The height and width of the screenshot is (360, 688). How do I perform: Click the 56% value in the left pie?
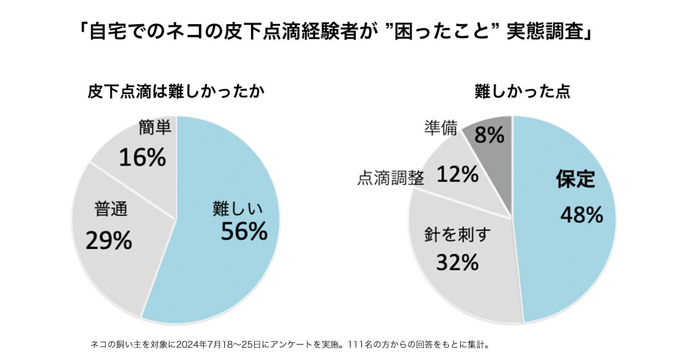tap(244, 232)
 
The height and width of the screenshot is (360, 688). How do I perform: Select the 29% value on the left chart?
tap(109, 241)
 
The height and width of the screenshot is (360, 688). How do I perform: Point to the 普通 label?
tap(111, 208)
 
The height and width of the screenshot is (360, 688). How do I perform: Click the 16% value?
tap(142, 157)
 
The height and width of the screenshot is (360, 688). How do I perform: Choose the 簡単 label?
tap(155, 127)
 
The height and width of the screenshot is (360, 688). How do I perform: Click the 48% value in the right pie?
tap(582, 215)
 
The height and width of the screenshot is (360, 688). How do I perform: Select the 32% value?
tap(457, 262)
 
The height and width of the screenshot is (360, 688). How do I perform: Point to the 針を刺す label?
tap(456, 235)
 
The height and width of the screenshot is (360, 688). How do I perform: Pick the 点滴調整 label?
tap(390, 179)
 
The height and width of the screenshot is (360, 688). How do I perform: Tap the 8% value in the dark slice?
tap(489, 135)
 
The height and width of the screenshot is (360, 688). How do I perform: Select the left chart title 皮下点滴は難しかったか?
tap(176, 92)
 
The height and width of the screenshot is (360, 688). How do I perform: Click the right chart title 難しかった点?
tap(522, 92)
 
